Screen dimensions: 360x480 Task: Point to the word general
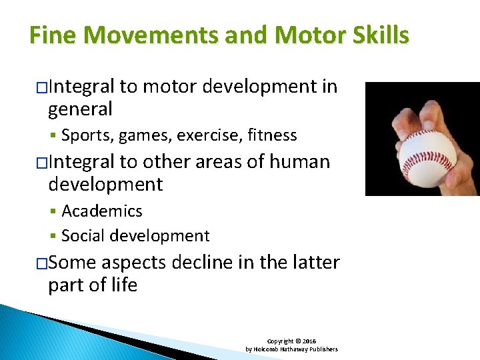click(x=80, y=109)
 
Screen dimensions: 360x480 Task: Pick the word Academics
click(x=102, y=211)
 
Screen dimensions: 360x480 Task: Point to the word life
click(x=124, y=285)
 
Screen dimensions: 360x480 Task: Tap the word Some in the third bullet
click(x=73, y=263)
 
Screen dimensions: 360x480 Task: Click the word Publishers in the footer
click(x=323, y=349)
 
